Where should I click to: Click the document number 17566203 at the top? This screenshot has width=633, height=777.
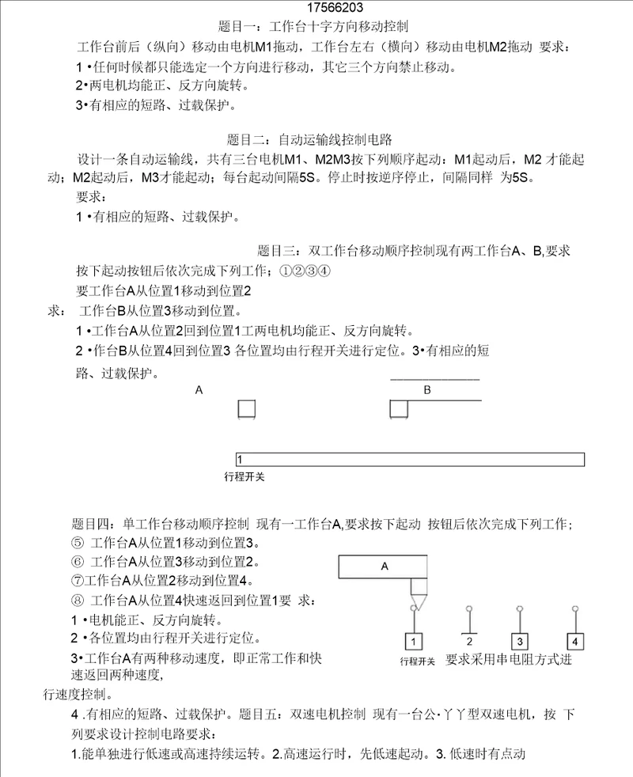point(316,9)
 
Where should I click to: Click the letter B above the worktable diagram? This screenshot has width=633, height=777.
point(427,390)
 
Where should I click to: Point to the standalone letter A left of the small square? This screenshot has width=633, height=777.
point(199,390)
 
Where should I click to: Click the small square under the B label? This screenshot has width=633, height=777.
point(399,409)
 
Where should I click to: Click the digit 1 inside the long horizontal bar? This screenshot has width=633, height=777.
point(240,460)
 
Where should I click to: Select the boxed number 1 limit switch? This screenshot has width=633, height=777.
point(416,641)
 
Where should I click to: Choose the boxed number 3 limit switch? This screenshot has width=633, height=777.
point(519,641)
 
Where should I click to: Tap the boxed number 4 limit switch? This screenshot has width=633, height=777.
point(575,641)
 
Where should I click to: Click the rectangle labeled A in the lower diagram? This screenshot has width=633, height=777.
point(384,567)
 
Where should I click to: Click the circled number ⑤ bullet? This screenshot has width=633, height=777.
point(77,544)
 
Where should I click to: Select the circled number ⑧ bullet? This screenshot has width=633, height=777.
point(77,601)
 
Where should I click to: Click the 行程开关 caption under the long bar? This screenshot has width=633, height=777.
point(245,477)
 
